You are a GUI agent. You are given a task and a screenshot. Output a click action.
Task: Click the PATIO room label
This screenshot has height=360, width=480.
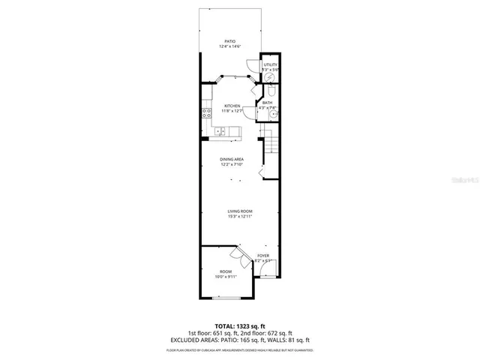[232, 41]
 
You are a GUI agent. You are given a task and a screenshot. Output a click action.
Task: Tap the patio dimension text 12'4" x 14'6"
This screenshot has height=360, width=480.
[232, 47]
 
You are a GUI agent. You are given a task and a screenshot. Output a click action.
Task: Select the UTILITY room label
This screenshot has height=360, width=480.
[270, 64]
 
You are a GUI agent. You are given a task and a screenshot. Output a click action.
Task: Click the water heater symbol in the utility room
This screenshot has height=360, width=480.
[270, 76]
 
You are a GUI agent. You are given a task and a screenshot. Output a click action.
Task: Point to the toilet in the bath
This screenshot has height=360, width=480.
[271, 91]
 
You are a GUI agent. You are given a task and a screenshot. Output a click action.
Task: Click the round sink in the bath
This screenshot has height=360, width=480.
[273, 116]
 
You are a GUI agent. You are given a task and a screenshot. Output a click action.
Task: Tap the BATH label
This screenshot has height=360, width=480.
[267, 103]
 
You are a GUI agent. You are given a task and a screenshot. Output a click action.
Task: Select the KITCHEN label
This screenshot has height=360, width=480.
[232, 106]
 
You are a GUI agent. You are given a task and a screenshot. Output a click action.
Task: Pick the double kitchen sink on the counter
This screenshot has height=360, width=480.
[221, 132]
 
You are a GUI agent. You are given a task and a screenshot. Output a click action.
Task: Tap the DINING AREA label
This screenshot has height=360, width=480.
[232, 159]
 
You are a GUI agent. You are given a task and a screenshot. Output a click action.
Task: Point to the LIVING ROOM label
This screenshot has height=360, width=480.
[240, 211]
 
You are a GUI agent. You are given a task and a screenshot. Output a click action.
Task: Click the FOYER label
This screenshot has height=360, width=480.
[263, 256]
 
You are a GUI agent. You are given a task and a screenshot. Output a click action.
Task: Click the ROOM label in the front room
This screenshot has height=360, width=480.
[226, 271]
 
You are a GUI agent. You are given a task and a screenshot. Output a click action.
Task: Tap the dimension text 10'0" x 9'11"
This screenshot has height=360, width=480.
[226, 277]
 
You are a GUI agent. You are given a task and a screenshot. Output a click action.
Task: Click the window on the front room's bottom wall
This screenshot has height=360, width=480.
[226, 298]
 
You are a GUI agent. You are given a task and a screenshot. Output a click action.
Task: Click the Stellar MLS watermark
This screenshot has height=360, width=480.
[460, 181]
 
